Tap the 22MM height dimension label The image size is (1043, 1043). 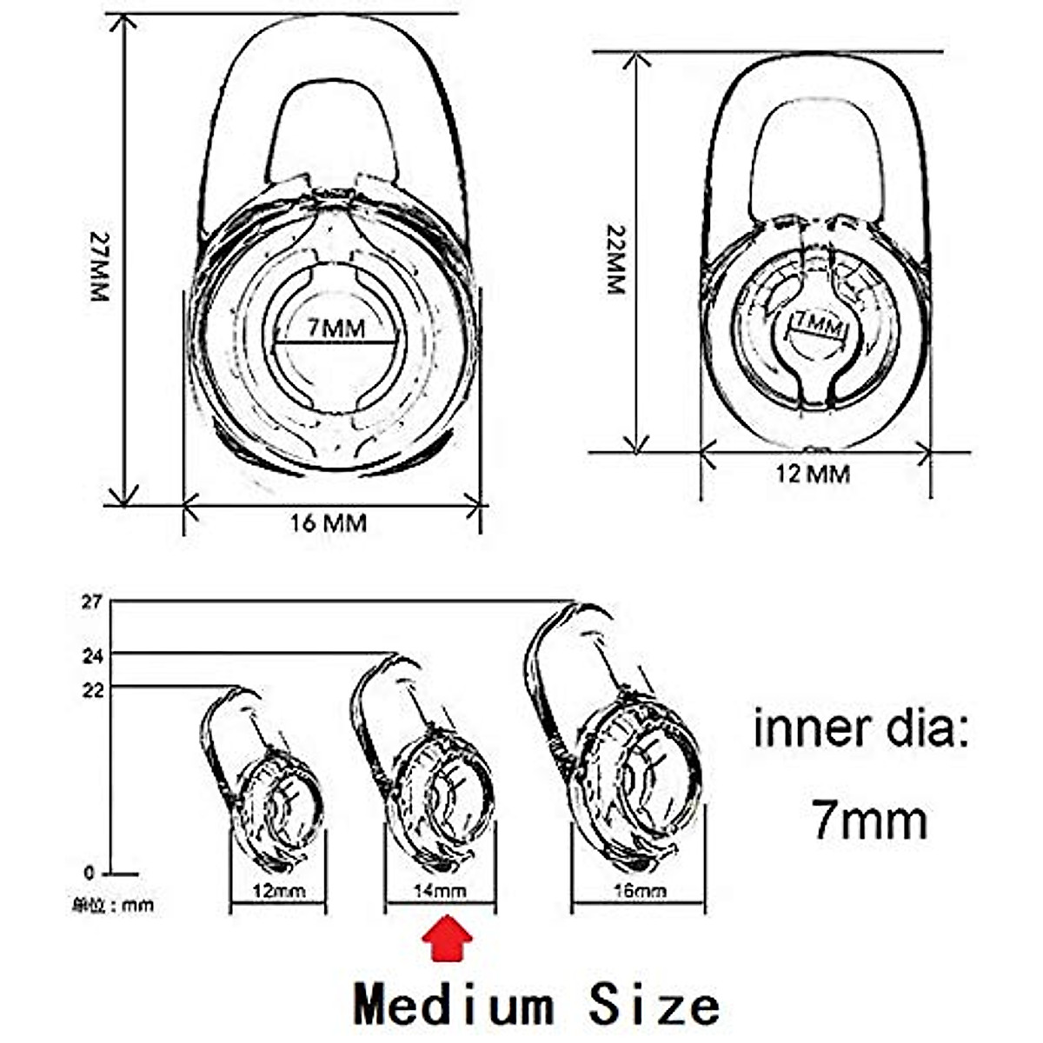click(x=615, y=260)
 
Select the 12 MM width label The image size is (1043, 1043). click(x=813, y=475)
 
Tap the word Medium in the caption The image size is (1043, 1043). click(x=453, y=1006)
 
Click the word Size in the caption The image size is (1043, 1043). click(x=654, y=1006)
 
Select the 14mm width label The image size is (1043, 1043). click(x=440, y=891)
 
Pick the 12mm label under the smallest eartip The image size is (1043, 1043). click(x=277, y=891)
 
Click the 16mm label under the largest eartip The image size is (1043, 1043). click(x=638, y=891)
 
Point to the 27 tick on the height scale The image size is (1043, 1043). click(x=93, y=601)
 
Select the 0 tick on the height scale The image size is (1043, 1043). click(x=89, y=873)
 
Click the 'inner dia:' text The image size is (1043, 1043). click(x=860, y=728)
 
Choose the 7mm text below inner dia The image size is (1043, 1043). click(x=869, y=819)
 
